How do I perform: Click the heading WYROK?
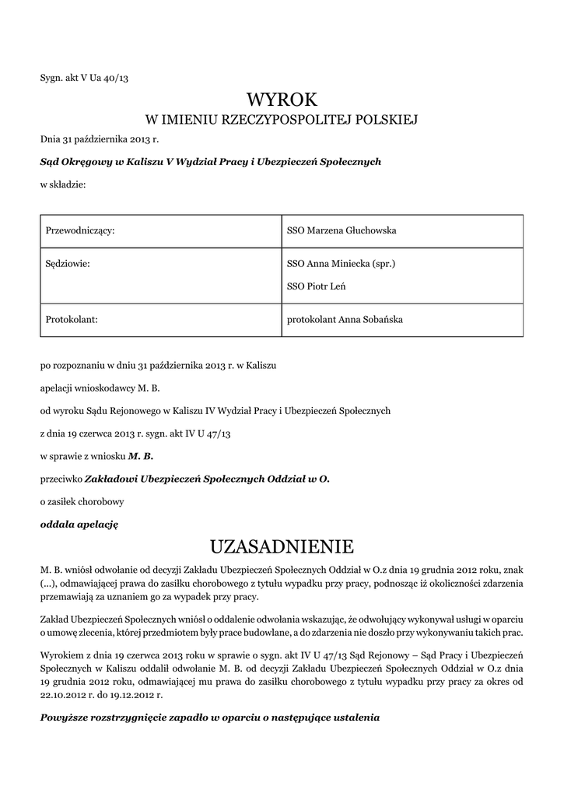coord(282,100)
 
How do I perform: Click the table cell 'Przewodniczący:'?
coord(81,231)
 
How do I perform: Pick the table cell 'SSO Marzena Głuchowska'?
coord(342,231)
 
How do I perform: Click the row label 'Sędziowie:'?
coord(68,264)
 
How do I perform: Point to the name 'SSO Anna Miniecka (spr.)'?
coord(342,264)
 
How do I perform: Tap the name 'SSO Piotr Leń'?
coord(317,286)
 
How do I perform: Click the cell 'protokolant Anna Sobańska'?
coord(345,319)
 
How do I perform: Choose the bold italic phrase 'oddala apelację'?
coord(79,524)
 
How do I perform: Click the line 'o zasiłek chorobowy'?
coord(82,501)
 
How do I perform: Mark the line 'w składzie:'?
coord(63,184)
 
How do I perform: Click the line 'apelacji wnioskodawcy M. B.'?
coord(100,387)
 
